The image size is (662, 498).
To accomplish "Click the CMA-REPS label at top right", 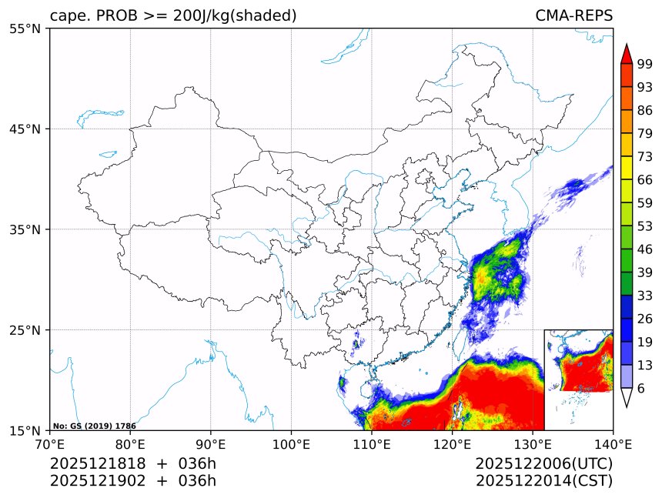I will [x=573, y=15].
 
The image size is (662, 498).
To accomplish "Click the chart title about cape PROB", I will [x=173, y=15].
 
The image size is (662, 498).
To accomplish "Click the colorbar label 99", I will [x=645, y=64].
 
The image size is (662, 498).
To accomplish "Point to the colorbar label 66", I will [x=645, y=179].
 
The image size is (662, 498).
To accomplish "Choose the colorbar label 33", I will [x=645, y=296].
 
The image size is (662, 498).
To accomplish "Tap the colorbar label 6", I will [x=641, y=389].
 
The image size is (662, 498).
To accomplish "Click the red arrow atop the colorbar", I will [x=627, y=53].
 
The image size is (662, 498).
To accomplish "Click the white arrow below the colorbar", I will [x=627, y=397].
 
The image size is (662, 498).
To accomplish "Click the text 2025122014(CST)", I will [x=543, y=481].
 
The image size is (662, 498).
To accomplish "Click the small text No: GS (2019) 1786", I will [x=94, y=426].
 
